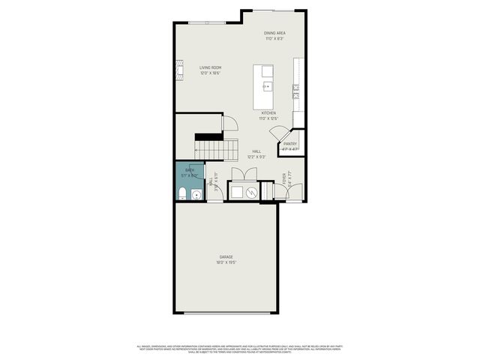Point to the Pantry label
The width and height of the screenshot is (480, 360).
pyautogui.click(x=289, y=144)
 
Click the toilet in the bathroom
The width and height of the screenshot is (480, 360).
pyautogui.click(x=182, y=195)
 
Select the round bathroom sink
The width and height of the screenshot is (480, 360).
pyautogui.click(x=196, y=196)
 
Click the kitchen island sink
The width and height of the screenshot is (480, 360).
pyautogui.click(x=266, y=86)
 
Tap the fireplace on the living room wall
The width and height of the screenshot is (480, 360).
pyautogui.click(x=178, y=68)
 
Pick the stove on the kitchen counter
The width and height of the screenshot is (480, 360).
pyautogui.click(x=296, y=91)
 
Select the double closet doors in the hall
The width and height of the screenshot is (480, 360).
pyautogui.click(x=243, y=175)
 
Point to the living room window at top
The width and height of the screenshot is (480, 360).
pyautogui.click(x=206, y=23)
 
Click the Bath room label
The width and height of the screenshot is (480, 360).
pyautogui.click(x=190, y=171)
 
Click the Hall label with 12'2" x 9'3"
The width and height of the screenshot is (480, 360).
pyautogui.click(x=256, y=154)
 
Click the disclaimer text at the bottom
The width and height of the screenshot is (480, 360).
pyautogui.click(x=240, y=348)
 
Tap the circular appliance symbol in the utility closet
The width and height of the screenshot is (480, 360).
pyautogui.click(x=253, y=193)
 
